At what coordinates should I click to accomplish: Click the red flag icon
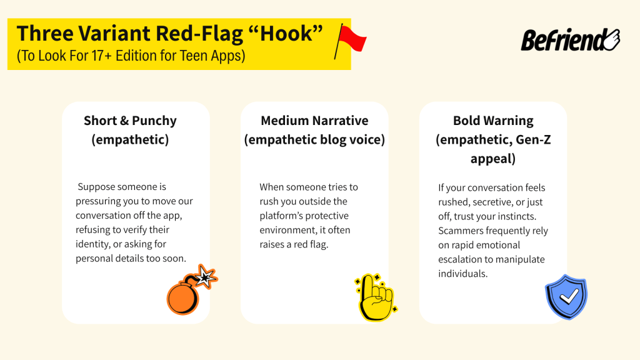351,39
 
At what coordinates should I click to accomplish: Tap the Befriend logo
569,40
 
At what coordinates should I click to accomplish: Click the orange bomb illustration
183,297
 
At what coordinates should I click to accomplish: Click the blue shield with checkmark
566,297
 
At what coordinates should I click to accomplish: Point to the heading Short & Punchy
130,121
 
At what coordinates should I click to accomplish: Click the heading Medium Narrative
314,121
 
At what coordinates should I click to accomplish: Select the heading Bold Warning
493,121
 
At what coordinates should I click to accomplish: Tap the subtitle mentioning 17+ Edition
131,56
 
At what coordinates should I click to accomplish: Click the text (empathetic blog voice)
314,139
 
